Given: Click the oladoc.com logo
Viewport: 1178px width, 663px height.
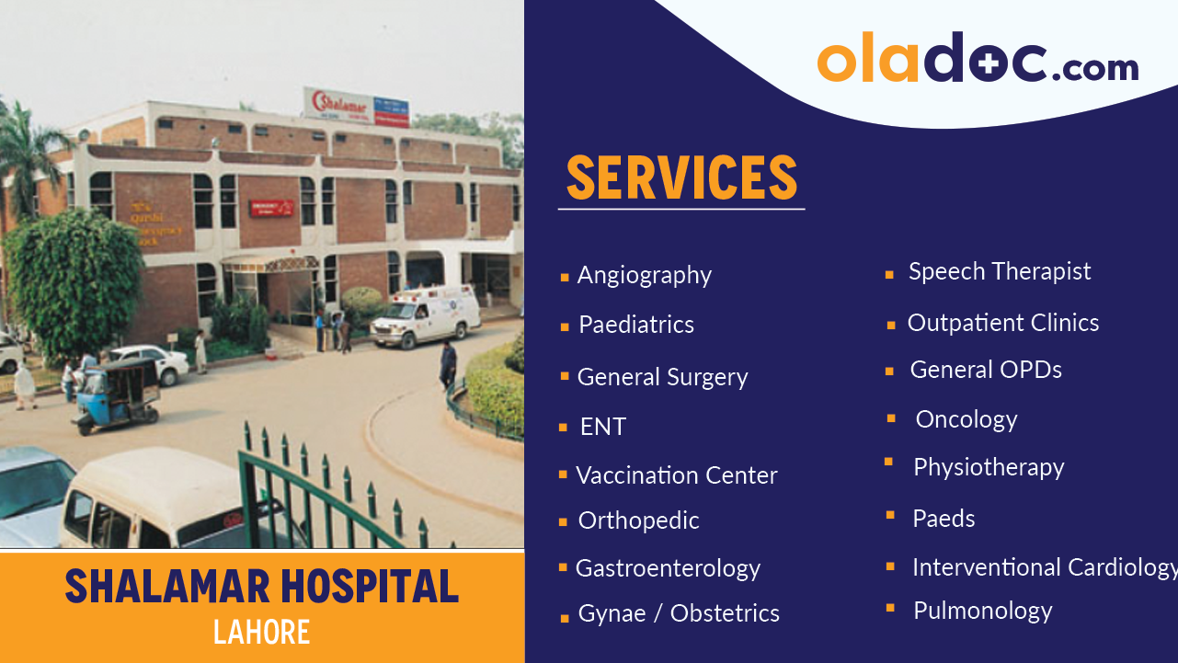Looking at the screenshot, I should coord(978,60).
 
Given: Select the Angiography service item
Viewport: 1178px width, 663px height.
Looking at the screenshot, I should coord(644,275).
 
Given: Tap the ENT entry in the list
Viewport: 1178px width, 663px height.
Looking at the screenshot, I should coord(602,427).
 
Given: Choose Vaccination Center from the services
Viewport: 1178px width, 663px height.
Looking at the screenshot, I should coord(676,475).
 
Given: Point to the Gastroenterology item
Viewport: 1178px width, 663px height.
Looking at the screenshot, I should coord(668,568).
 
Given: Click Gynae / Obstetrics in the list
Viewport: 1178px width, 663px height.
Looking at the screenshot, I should coord(679,613).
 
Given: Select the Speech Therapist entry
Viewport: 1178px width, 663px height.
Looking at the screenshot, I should coord(1000,271).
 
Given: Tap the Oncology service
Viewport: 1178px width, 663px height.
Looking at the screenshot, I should coord(966,419).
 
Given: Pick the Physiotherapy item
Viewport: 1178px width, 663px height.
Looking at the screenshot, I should coord(988,467).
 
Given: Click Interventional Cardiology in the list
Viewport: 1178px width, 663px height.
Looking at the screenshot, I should coord(1044,567).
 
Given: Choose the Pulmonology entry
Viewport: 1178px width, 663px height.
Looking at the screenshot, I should coord(982,611).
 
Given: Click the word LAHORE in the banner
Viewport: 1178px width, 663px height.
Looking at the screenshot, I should coord(262,632).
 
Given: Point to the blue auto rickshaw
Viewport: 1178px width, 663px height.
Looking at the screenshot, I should coord(117,394).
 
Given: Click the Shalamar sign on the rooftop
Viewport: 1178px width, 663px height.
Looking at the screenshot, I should coord(356,105).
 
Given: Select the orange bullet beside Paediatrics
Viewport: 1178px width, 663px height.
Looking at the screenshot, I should coord(565,326).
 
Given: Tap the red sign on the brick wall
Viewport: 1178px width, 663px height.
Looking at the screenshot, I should coord(271,209).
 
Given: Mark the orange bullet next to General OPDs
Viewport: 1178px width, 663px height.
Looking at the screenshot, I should coord(889,372).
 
